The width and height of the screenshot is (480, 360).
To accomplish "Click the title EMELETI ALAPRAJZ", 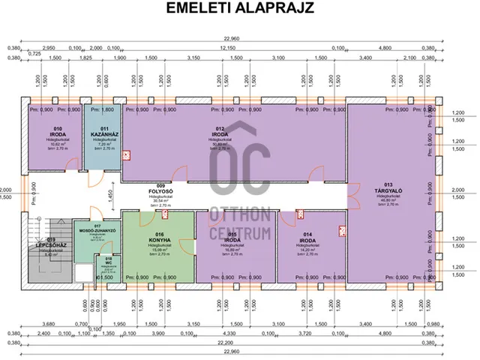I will tap(240, 8).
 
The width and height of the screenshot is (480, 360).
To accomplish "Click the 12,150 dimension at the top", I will tap(227, 46).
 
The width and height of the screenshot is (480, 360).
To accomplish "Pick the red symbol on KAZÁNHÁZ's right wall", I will tap(127, 156).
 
